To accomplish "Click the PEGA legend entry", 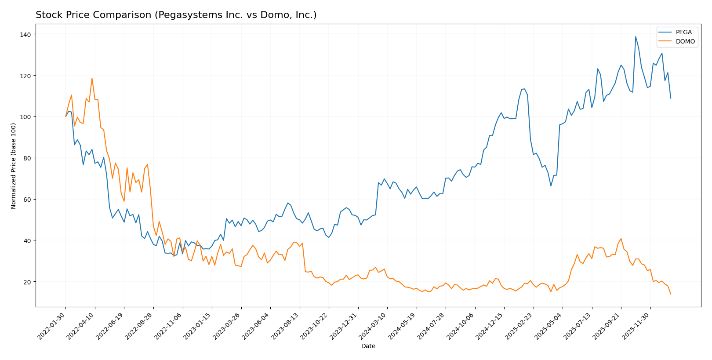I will [683, 33].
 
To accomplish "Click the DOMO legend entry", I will [685, 42].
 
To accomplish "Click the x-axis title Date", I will [368, 346].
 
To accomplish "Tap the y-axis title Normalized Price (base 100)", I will [13, 166].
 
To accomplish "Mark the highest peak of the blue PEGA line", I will [636, 36].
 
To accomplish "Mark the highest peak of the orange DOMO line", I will [92, 78].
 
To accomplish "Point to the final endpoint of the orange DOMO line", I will [671, 294].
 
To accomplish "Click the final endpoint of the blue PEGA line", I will [671, 98].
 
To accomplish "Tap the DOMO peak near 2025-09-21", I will [621, 239].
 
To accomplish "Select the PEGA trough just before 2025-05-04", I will [551, 186].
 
